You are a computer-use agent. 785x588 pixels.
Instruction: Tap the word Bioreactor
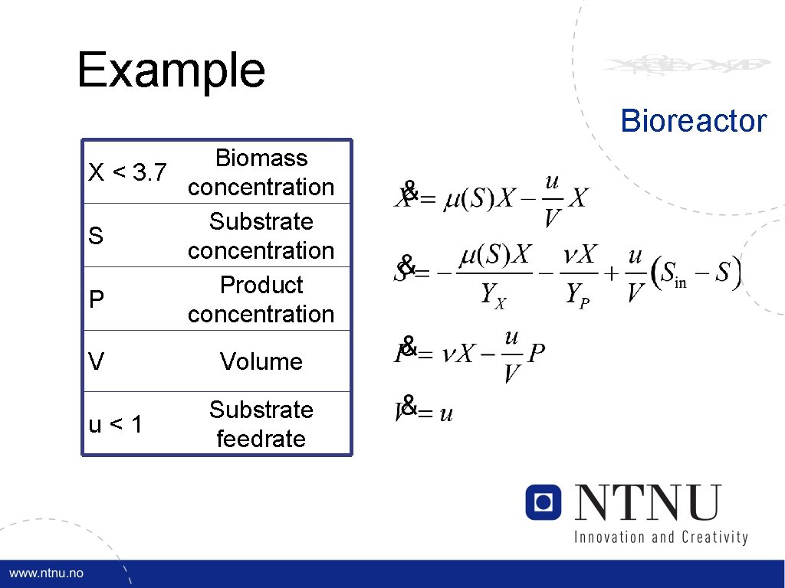click(x=693, y=121)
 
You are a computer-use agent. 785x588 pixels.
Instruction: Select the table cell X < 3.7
click(x=127, y=172)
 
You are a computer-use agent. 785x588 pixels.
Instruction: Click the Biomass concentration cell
click(x=261, y=172)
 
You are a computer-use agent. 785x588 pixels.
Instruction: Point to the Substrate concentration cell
click(x=261, y=236)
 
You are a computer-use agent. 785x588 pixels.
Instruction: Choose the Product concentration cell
click(x=261, y=299)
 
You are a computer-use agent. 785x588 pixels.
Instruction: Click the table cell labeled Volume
click(x=261, y=361)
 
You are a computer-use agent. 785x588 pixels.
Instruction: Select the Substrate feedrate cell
click(x=261, y=424)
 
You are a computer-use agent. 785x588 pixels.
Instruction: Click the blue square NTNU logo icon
click(x=544, y=502)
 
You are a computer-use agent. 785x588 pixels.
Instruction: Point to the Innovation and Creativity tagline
click(x=661, y=537)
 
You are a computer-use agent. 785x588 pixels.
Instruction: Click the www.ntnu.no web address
click(x=47, y=573)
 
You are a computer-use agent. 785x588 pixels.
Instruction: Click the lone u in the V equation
click(x=446, y=414)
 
